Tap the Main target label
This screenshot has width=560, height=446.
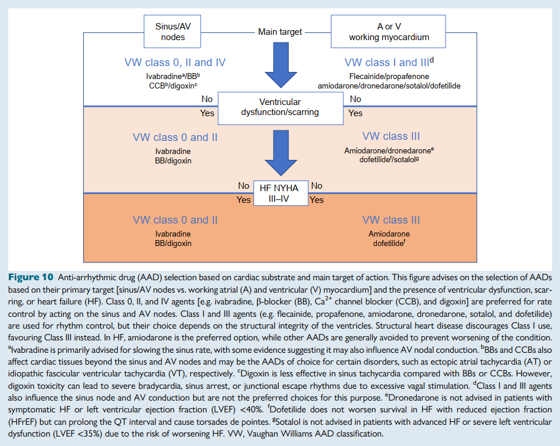(280, 32)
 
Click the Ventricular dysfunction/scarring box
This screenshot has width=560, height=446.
(280, 107)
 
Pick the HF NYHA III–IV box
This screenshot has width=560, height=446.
(280, 193)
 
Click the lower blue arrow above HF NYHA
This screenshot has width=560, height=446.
(280, 152)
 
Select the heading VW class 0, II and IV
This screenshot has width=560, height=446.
(175, 63)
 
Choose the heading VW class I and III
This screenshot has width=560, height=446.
(388, 63)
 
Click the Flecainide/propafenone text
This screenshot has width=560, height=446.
(389, 77)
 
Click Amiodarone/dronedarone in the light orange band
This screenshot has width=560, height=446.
(389, 151)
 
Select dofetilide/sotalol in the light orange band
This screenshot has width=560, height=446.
(389, 160)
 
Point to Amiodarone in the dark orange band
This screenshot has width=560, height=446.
(389, 234)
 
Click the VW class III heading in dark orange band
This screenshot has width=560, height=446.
(391, 220)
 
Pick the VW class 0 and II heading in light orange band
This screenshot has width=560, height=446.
(175, 137)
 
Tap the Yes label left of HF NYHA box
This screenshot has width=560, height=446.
(243, 200)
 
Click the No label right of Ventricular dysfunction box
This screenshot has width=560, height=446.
(356, 99)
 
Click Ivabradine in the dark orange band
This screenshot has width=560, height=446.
(173, 234)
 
